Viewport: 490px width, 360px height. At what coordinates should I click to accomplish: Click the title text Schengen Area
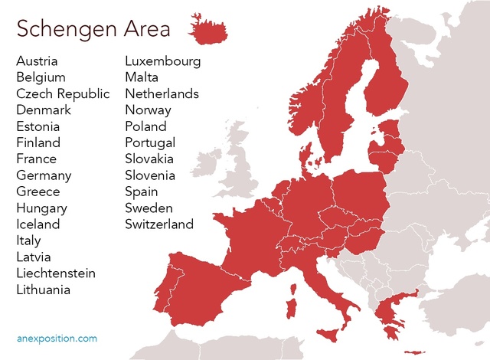coord(93,28)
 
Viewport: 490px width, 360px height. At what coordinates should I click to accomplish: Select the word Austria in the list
coord(37,61)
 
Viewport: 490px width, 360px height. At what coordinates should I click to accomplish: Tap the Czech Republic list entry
coord(63,93)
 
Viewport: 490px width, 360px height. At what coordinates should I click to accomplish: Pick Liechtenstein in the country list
coord(56,273)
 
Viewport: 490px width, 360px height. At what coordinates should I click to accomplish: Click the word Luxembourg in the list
coord(163,61)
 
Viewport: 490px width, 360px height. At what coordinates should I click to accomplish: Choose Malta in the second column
coord(142,77)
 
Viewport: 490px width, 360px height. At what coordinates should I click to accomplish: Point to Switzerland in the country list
coord(159,224)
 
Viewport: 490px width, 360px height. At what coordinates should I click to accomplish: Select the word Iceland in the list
coord(38,224)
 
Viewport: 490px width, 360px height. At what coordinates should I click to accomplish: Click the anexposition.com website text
coord(57,338)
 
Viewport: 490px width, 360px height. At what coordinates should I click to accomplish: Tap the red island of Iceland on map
coord(210,31)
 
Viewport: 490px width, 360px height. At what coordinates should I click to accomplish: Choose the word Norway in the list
coord(148,110)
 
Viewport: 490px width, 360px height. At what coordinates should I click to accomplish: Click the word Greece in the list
coord(38,191)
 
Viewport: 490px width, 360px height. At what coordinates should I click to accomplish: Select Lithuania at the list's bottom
coord(43,290)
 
